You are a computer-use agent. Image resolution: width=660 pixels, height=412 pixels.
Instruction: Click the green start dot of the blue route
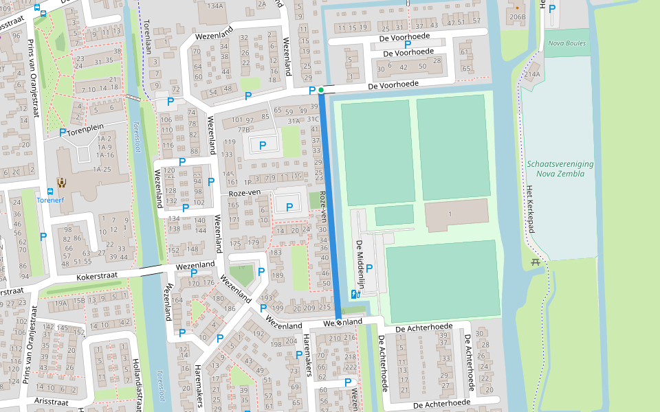tap(321, 90)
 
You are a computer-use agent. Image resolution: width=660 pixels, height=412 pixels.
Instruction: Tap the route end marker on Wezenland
tap(338, 322)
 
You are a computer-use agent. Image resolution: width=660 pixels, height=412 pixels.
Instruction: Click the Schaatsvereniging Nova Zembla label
tap(560, 169)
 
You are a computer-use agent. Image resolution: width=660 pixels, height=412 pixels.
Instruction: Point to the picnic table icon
tap(536, 261)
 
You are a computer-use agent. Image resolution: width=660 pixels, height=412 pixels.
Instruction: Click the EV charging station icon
tap(355, 294)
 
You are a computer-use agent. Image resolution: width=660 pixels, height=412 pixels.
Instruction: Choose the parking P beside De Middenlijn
tap(369, 268)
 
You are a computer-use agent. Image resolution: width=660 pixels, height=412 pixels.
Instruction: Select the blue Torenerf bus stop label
tap(49, 201)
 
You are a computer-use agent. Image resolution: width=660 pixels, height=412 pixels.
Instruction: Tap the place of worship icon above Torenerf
tap(62, 182)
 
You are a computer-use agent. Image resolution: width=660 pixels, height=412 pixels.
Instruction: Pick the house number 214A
tap(533, 75)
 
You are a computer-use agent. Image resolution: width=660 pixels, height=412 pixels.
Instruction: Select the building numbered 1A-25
tap(103, 169)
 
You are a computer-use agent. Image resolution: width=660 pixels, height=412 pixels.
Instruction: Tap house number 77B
tap(243, 128)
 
